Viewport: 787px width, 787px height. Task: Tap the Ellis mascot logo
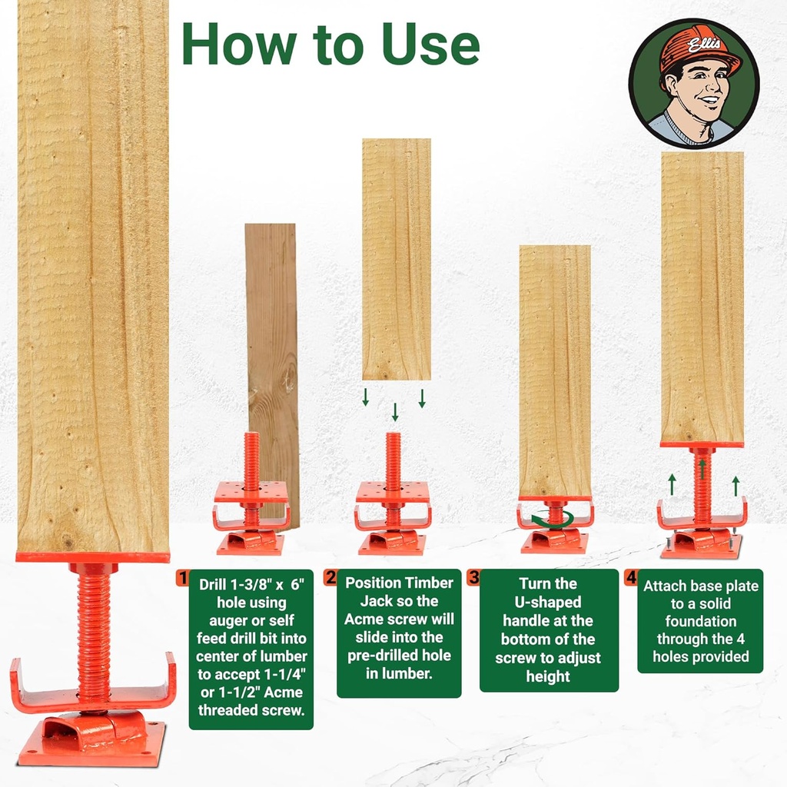pos(693,83)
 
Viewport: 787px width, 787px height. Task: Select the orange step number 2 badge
pos(330,577)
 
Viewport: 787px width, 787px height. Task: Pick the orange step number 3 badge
pos(474,577)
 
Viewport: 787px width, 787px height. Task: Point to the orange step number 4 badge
pos(632,577)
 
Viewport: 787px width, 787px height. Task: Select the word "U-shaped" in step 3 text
pos(550,602)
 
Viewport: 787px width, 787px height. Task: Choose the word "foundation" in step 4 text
pos(700,621)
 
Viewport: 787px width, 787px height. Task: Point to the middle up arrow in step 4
pos(702,468)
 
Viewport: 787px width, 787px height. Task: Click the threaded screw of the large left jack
pos(93,630)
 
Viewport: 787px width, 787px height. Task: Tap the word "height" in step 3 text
pos(549,676)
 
